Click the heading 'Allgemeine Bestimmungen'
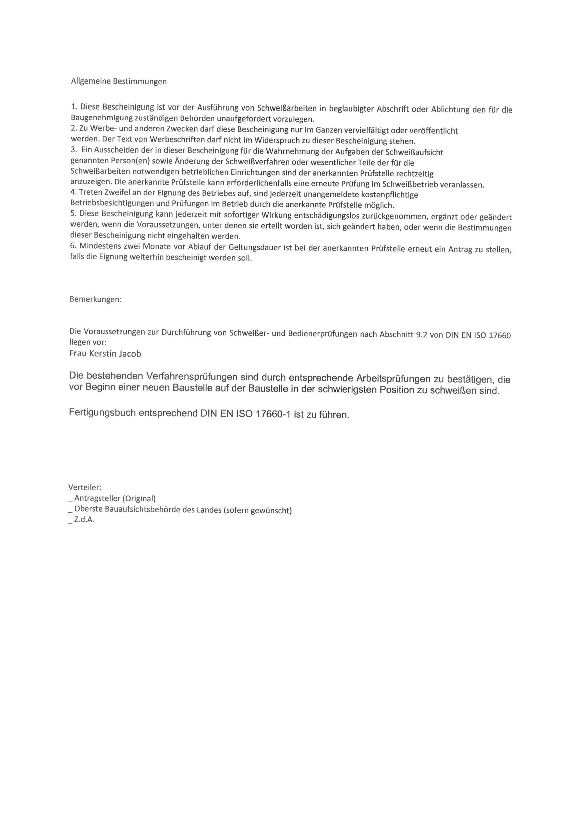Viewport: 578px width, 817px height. click(x=119, y=82)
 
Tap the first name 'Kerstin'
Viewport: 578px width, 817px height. click(x=101, y=354)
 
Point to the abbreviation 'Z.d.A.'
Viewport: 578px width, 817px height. click(x=84, y=519)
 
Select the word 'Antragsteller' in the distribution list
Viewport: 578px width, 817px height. click(x=97, y=498)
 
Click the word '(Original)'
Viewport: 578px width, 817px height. click(x=139, y=499)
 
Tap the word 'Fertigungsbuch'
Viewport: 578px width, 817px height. click(x=102, y=413)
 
